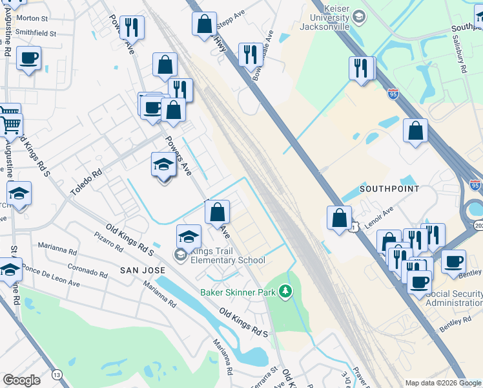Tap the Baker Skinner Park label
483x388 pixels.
point(238,292)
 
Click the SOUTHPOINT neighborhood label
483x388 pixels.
point(389,189)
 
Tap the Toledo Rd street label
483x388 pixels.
point(87,183)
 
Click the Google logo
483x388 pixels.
point(21,380)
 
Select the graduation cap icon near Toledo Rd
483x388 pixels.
point(163,166)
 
